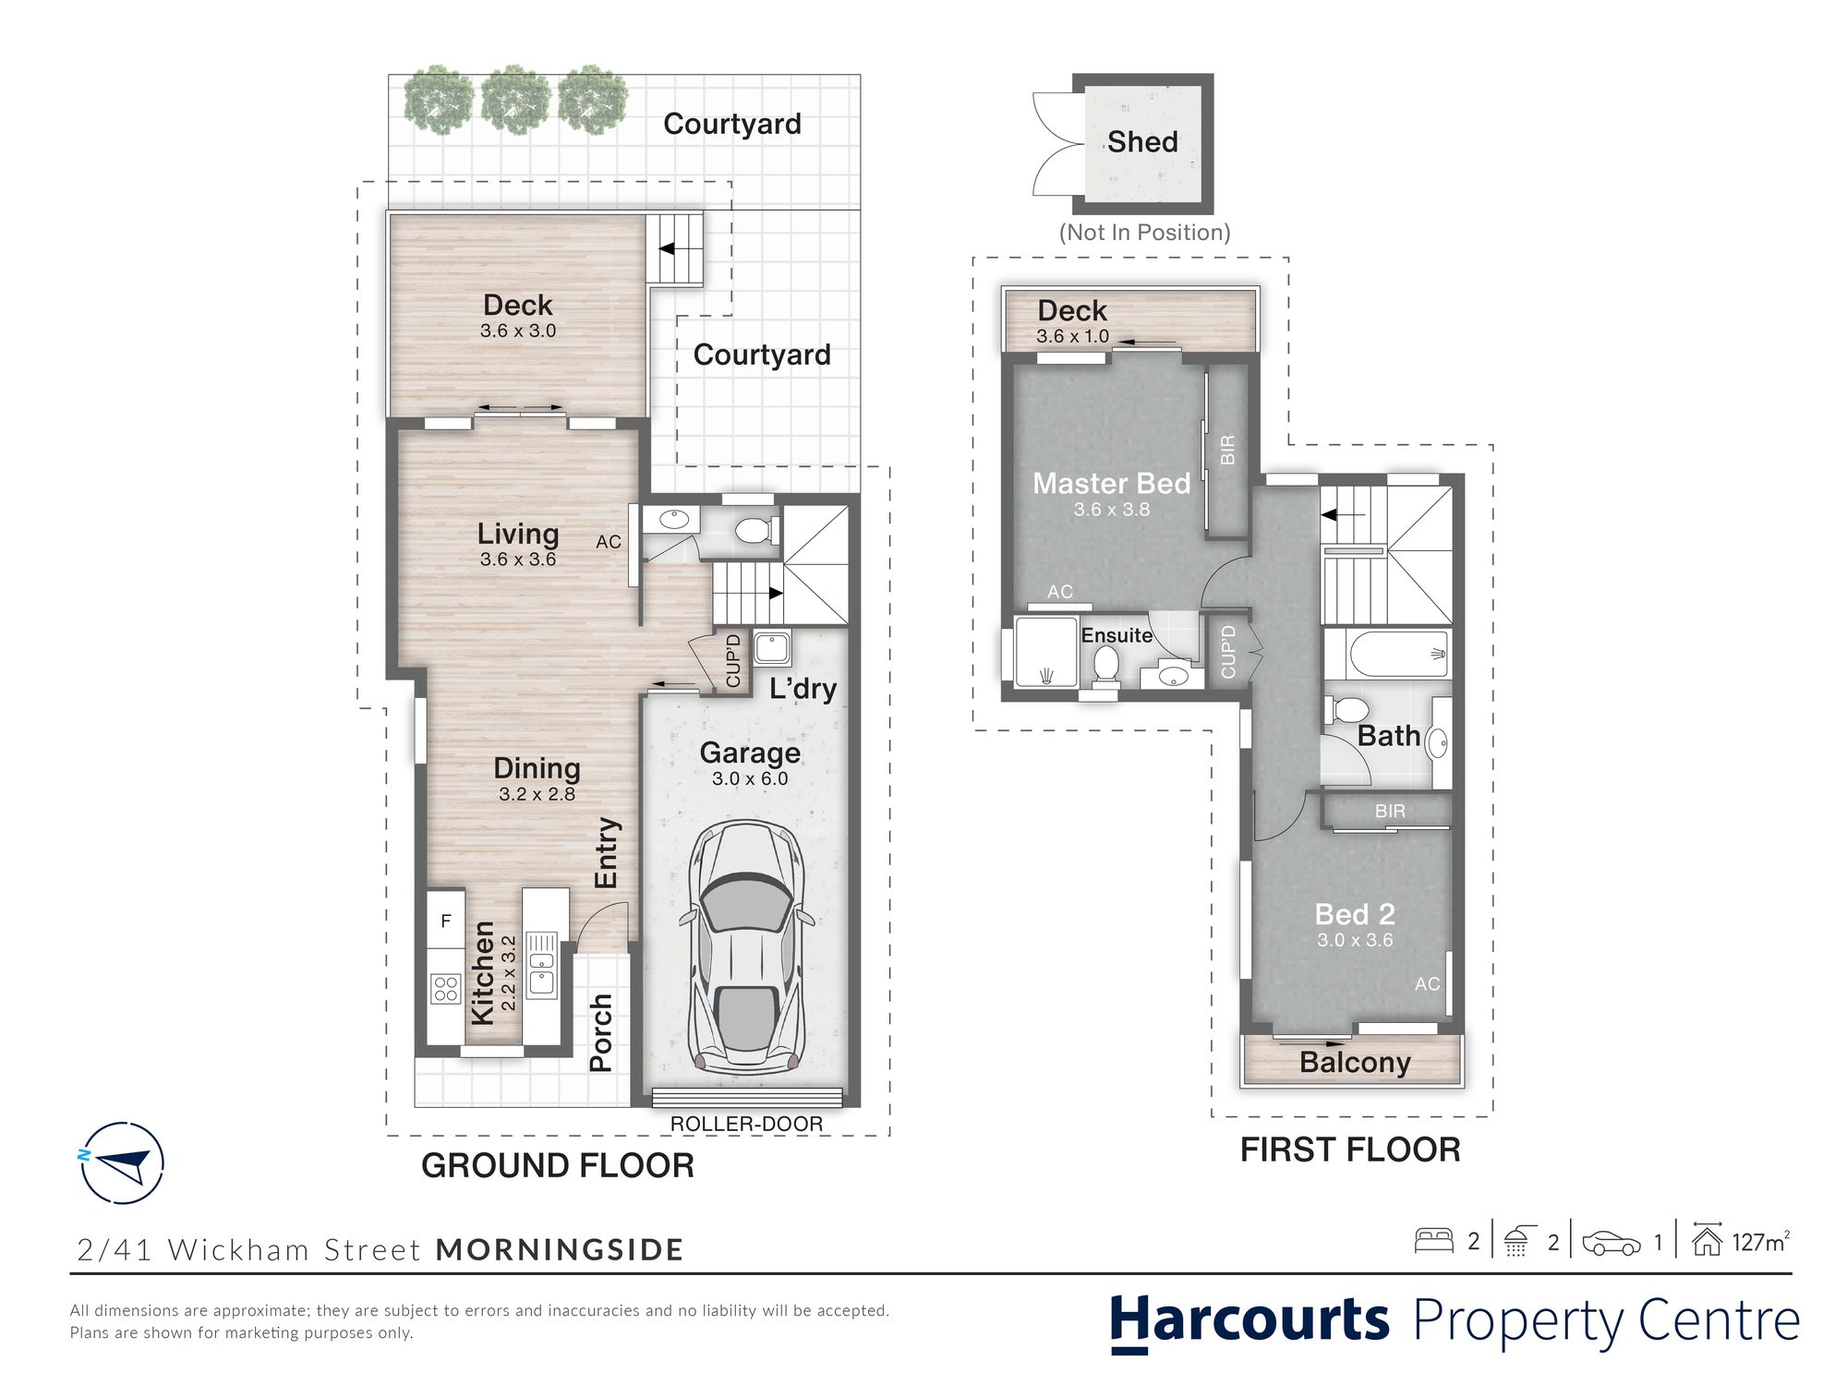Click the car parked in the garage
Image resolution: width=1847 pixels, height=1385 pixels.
tap(747, 945)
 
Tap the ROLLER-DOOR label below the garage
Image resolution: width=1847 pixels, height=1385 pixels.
tap(746, 1124)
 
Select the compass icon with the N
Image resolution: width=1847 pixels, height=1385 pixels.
tap(122, 1162)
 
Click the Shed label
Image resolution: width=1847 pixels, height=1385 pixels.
tap(1142, 141)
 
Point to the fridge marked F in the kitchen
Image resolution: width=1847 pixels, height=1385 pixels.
tap(446, 921)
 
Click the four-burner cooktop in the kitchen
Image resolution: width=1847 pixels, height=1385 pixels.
tap(446, 989)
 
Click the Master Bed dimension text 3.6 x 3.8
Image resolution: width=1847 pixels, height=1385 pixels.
tap(1112, 509)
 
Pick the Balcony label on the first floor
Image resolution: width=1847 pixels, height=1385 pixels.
tap(1355, 1063)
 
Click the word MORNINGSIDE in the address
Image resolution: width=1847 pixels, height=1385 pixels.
tap(560, 1249)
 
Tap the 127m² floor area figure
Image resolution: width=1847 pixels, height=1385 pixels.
tap(1760, 1242)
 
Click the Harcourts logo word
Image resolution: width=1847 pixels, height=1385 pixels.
tap(1249, 1320)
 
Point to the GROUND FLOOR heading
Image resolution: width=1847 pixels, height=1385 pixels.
tap(558, 1165)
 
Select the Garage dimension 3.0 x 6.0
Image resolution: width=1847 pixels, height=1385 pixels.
tap(750, 778)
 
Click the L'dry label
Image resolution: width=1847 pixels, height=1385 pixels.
tap(803, 689)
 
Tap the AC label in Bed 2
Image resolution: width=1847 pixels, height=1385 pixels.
tap(1427, 984)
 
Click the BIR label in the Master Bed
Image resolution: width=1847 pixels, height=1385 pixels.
tap(1227, 450)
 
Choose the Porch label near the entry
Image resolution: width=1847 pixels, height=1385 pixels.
tap(601, 1032)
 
